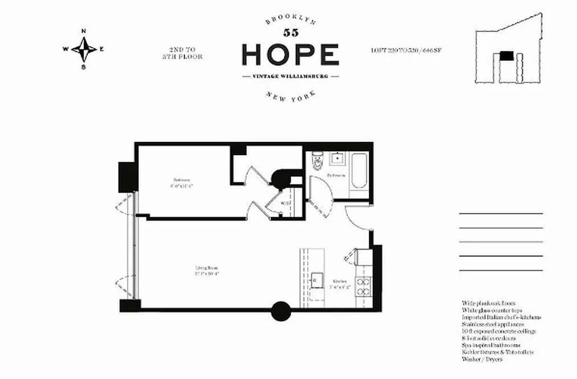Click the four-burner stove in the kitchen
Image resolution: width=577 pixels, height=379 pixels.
point(363,286)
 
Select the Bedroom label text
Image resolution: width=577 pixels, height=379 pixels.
point(181,182)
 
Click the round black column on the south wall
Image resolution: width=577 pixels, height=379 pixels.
point(281,311)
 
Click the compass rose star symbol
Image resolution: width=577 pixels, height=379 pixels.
point(84,49)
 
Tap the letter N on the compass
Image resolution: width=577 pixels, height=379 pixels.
point(84,32)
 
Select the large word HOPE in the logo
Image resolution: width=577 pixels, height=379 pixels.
point(290,54)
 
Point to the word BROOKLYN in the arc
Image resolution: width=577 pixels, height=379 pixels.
point(290,20)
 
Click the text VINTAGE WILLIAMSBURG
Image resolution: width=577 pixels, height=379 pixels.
point(290,76)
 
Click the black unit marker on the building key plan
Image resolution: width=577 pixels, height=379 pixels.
point(507,55)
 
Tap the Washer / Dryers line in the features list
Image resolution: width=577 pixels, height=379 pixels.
point(482,360)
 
